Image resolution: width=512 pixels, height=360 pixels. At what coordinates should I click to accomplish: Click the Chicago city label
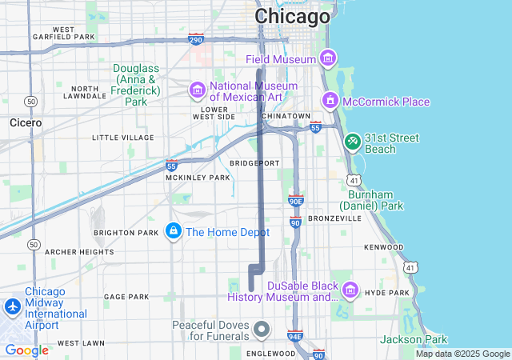(x=292, y=17)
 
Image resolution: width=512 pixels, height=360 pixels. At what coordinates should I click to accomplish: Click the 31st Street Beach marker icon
(x=352, y=142)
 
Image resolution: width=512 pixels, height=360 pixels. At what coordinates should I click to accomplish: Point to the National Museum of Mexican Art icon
(x=198, y=90)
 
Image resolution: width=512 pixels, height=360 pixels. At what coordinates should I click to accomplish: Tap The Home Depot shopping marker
(x=173, y=231)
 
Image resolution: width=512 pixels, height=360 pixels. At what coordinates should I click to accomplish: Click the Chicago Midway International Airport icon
(x=13, y=306)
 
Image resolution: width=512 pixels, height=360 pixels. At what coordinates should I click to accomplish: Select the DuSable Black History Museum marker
(x=349, y=289)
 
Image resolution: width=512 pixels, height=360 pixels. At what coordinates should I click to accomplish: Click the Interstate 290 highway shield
(x=195, y=38)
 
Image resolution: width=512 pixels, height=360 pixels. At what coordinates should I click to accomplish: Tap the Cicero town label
(x=25, y=123)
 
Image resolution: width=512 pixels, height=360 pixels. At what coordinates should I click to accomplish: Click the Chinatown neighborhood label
(x=286, y=116)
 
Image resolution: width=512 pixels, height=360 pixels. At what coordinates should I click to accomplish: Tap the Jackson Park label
(x=413, y=340)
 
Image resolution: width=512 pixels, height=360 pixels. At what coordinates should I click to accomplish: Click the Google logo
(x=27, y=350)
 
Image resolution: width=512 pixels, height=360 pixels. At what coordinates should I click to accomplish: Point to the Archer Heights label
(x=79, y=252)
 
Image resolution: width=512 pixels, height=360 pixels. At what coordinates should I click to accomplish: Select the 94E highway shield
(x=294, y=336)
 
